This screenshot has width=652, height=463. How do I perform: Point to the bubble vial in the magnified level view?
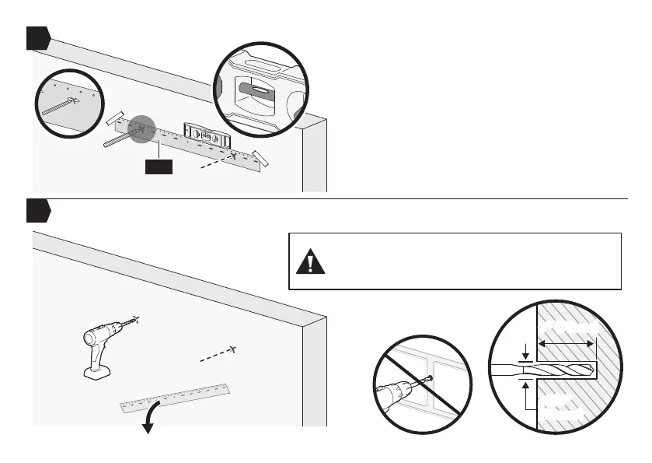point(256,90)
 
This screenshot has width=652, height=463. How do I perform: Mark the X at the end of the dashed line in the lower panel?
point(232,347)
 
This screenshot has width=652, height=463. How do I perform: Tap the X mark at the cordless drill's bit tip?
point(138,318)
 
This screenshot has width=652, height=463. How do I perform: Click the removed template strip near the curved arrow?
point(176,395)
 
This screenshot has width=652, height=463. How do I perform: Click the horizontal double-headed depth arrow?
point(567,343)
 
